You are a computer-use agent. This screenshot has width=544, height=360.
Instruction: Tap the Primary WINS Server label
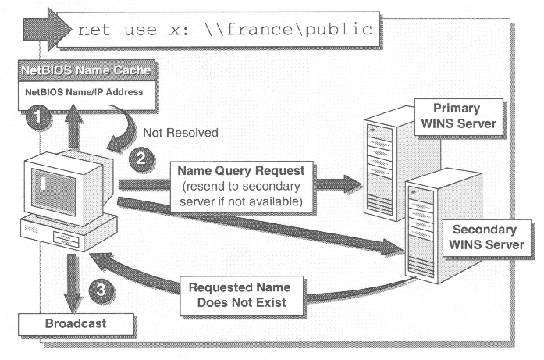(x=457, y=116)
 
